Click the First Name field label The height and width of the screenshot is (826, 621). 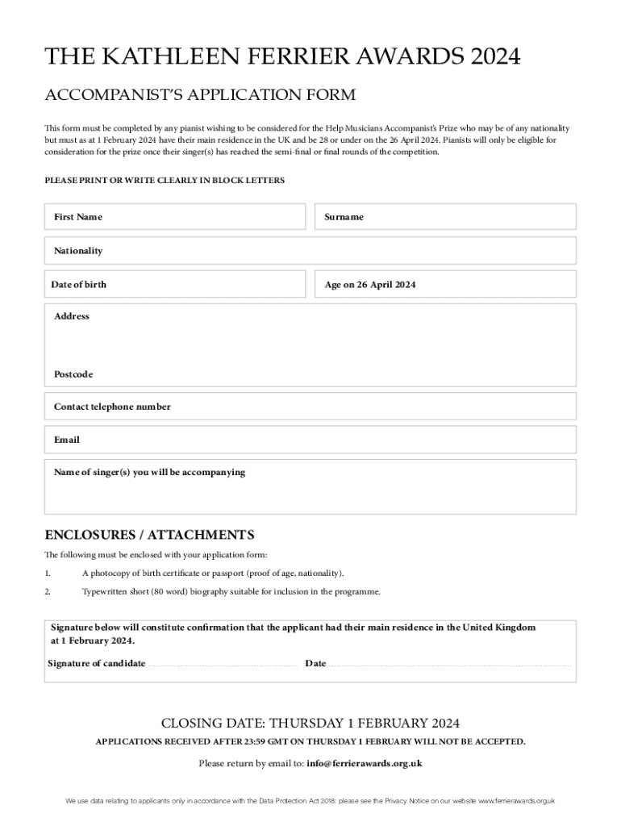click(x=78, y=217)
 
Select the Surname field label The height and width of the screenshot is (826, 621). click(x=344, y=217)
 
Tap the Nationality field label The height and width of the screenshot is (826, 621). click(x=78, y=251)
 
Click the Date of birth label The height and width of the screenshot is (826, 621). click(x=78, y=284)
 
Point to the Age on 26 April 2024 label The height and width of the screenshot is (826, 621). click(x=370, y=285)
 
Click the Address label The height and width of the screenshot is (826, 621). click(x=72, y=316)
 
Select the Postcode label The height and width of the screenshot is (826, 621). click(x=73, y=374)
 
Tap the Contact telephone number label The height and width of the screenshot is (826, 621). click(x=112, y=407)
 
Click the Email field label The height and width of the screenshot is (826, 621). click(x=67, y=440)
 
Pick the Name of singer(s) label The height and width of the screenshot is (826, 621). click(x=149, y=472)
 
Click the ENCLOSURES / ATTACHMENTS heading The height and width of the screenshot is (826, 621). click(x=149, y=535)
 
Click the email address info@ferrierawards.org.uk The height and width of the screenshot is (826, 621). click(x=365, y=763)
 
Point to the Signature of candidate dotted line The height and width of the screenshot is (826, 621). click(x=223, y=665)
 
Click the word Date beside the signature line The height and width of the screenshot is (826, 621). click(x=315, y=663)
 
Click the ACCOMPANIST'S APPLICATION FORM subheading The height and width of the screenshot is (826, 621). click(x=199, y=95)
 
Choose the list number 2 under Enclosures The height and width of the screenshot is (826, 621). click(x=48, y=591)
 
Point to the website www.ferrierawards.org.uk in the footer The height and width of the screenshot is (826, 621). click(x=517, y=801)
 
